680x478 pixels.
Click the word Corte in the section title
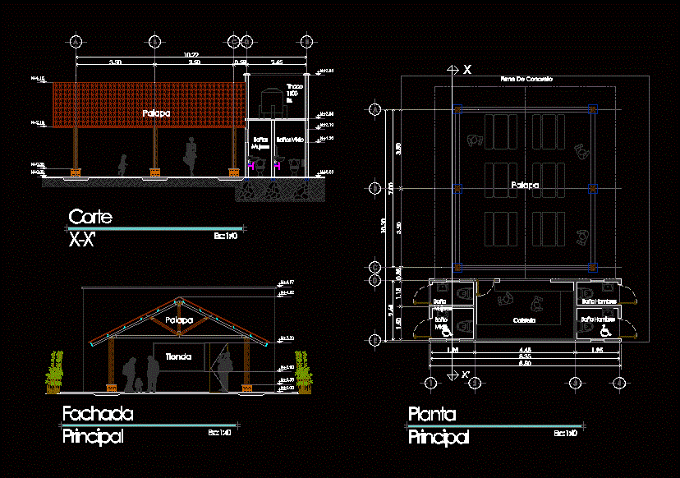[90, 218]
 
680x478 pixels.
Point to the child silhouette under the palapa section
[123, 165]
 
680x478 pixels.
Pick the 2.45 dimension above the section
[277, 62]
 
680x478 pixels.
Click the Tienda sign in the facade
[178, 356]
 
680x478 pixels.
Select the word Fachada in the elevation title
[98, 414]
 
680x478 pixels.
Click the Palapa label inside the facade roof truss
[178, 319]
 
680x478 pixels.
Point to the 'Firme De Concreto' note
[526, 79]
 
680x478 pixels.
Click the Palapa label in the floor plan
[525, 186]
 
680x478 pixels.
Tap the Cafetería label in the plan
[525, 319]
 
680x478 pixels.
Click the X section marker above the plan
[466, 70]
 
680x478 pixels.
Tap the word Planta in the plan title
[431, 415]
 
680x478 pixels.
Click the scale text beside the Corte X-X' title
[225, 236]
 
